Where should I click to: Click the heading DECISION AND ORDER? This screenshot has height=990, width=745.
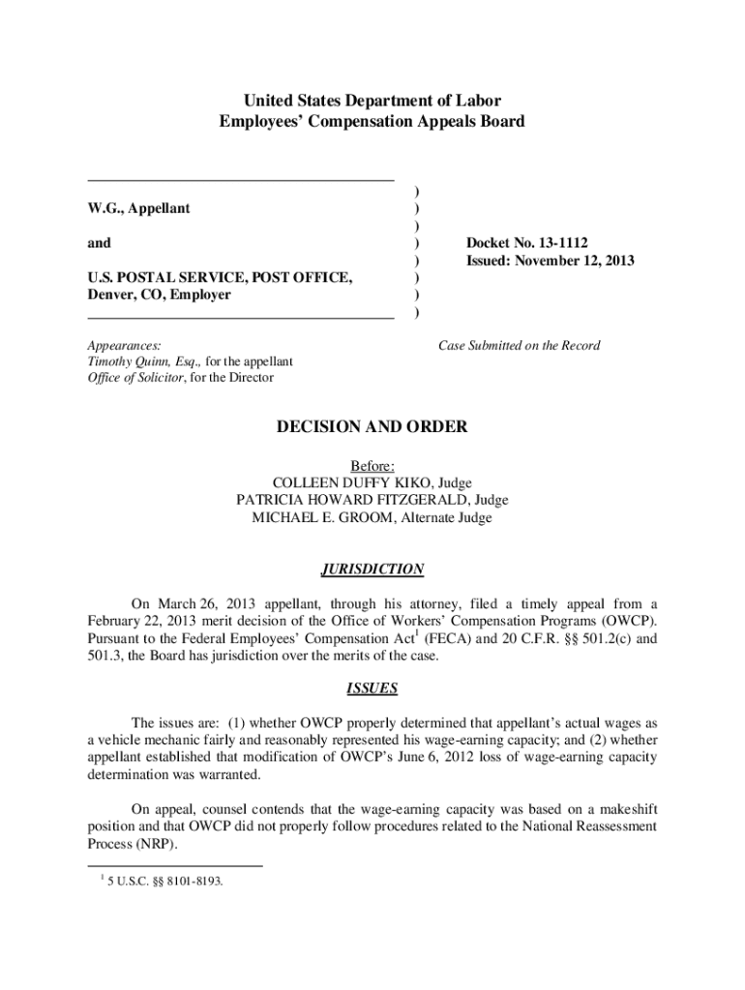click(372, 426)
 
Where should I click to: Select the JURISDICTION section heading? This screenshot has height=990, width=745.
click(372, 569)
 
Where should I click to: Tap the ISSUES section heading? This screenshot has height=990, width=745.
click(372, 689)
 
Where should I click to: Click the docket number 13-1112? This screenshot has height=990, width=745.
click(553, 243)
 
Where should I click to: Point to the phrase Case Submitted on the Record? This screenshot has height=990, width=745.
click(519, 345)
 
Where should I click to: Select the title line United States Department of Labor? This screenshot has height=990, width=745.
click(372, 101)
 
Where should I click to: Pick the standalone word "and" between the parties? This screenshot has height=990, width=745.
click(99, 243)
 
